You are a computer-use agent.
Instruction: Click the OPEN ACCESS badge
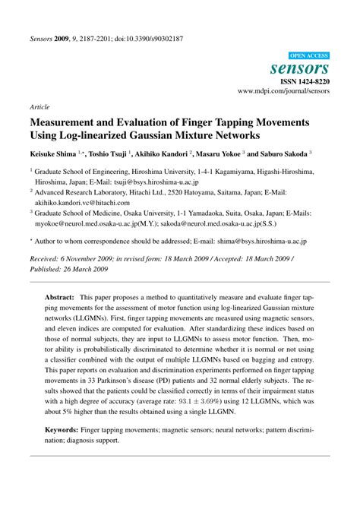pyautogui.click(x=310, y=55)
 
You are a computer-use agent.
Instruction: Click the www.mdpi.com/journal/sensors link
pyautogui.click(x=284, y=90)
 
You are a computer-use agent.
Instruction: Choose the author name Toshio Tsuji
pyautogui.click(x=111, y=153)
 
